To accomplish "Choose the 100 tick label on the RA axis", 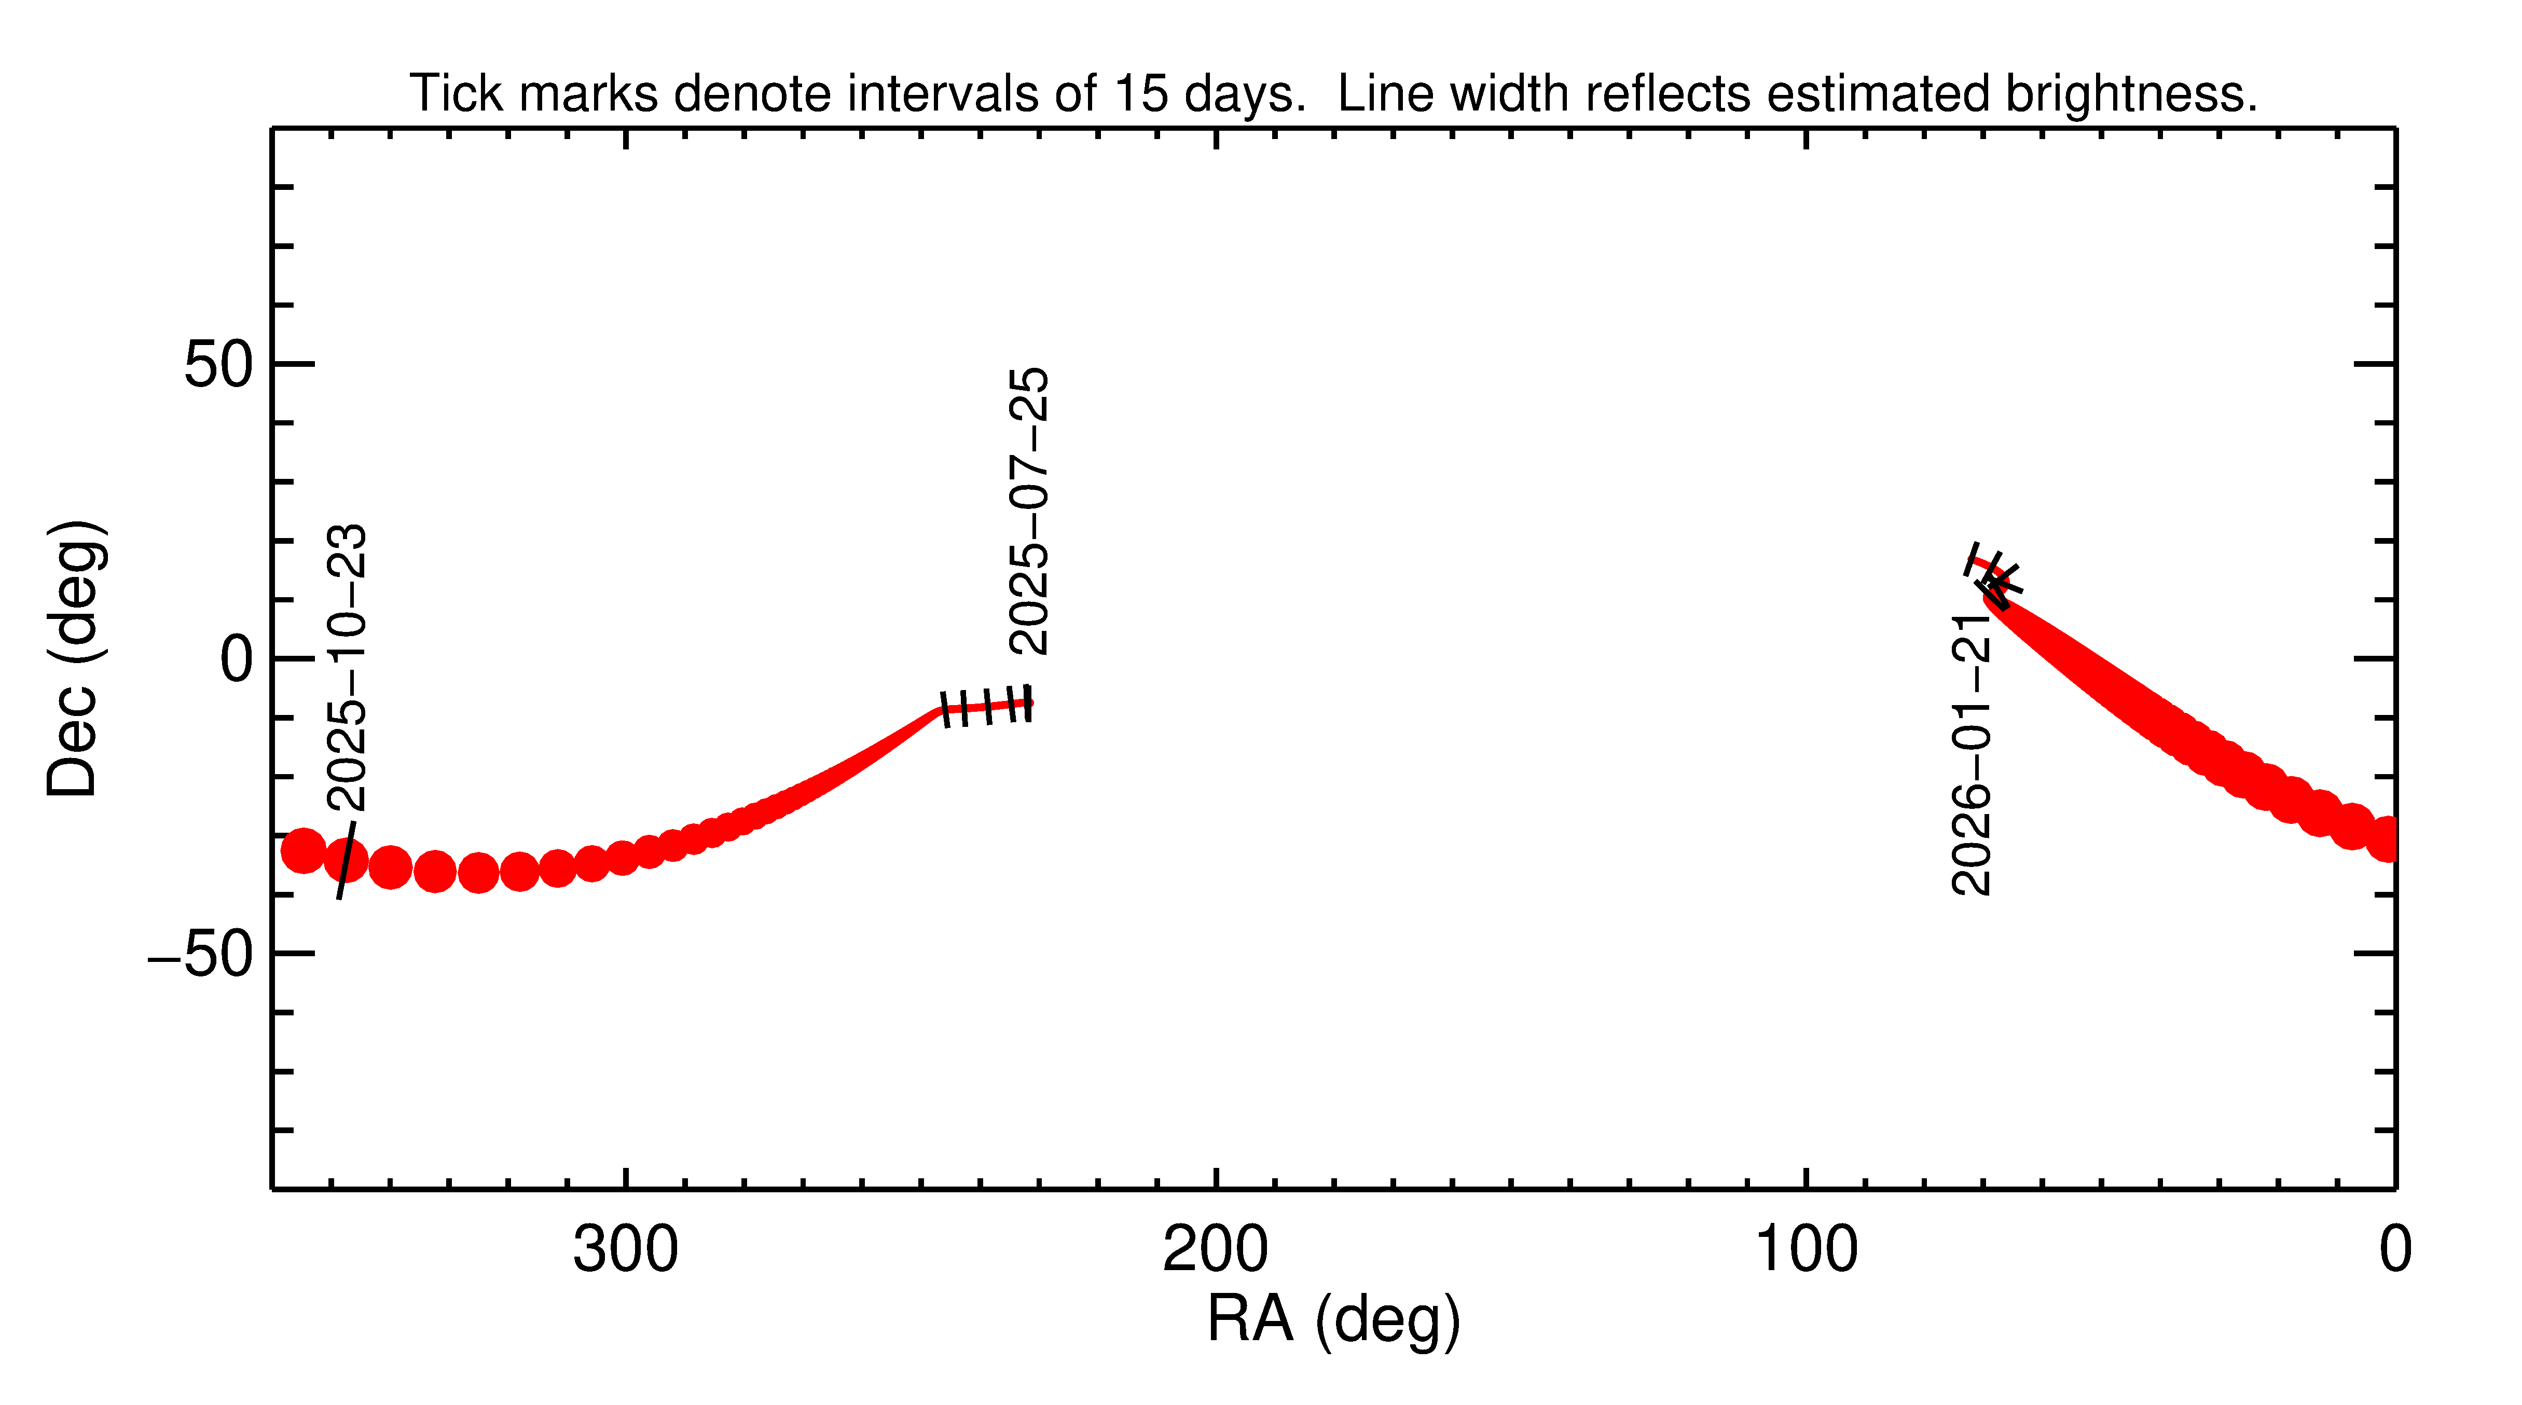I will (x=1806, y=1250).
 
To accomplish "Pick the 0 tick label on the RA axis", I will (x=2395, y=1250).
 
